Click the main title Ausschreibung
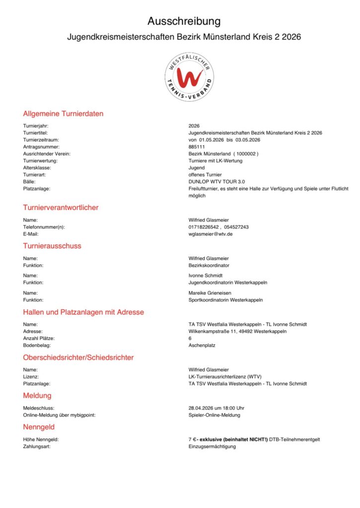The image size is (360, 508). click(184, 21)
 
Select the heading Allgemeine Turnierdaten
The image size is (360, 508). click(63, 114)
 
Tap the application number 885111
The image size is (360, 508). click(197, 147)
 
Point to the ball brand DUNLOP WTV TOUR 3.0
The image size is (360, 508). click(217, 182)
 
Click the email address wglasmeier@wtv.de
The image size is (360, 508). click(211, 234)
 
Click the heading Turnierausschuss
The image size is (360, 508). click(52, 246)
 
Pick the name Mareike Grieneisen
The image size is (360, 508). click(209, 293)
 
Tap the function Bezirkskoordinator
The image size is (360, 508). click(209, 265)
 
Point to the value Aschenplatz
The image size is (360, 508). click(202, 345)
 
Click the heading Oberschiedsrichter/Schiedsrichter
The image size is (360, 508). click(78, 357)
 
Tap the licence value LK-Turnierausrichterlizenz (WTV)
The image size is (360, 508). click(221, 377)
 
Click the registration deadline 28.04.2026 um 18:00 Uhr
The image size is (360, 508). click(216, 408)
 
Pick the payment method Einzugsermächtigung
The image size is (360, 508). click(213, 446)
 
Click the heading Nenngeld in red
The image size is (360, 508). click(39, 427)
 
